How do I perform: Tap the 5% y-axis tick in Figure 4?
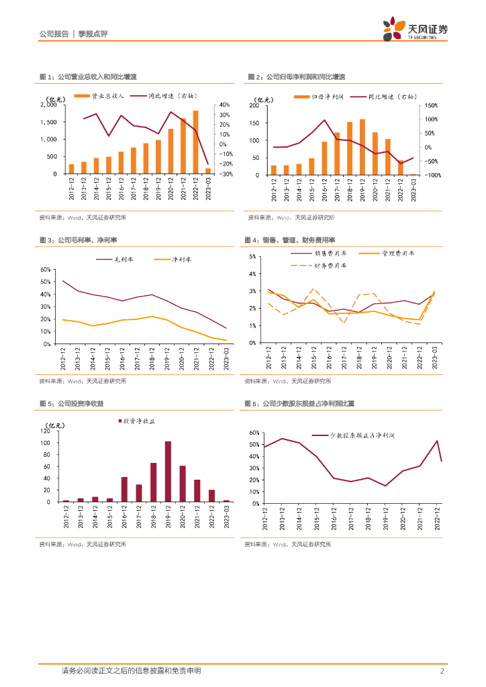(252, 256)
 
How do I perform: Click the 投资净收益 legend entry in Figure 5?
(140, 421)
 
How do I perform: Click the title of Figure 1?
(87, 77)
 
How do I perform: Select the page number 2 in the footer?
(442, 671)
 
